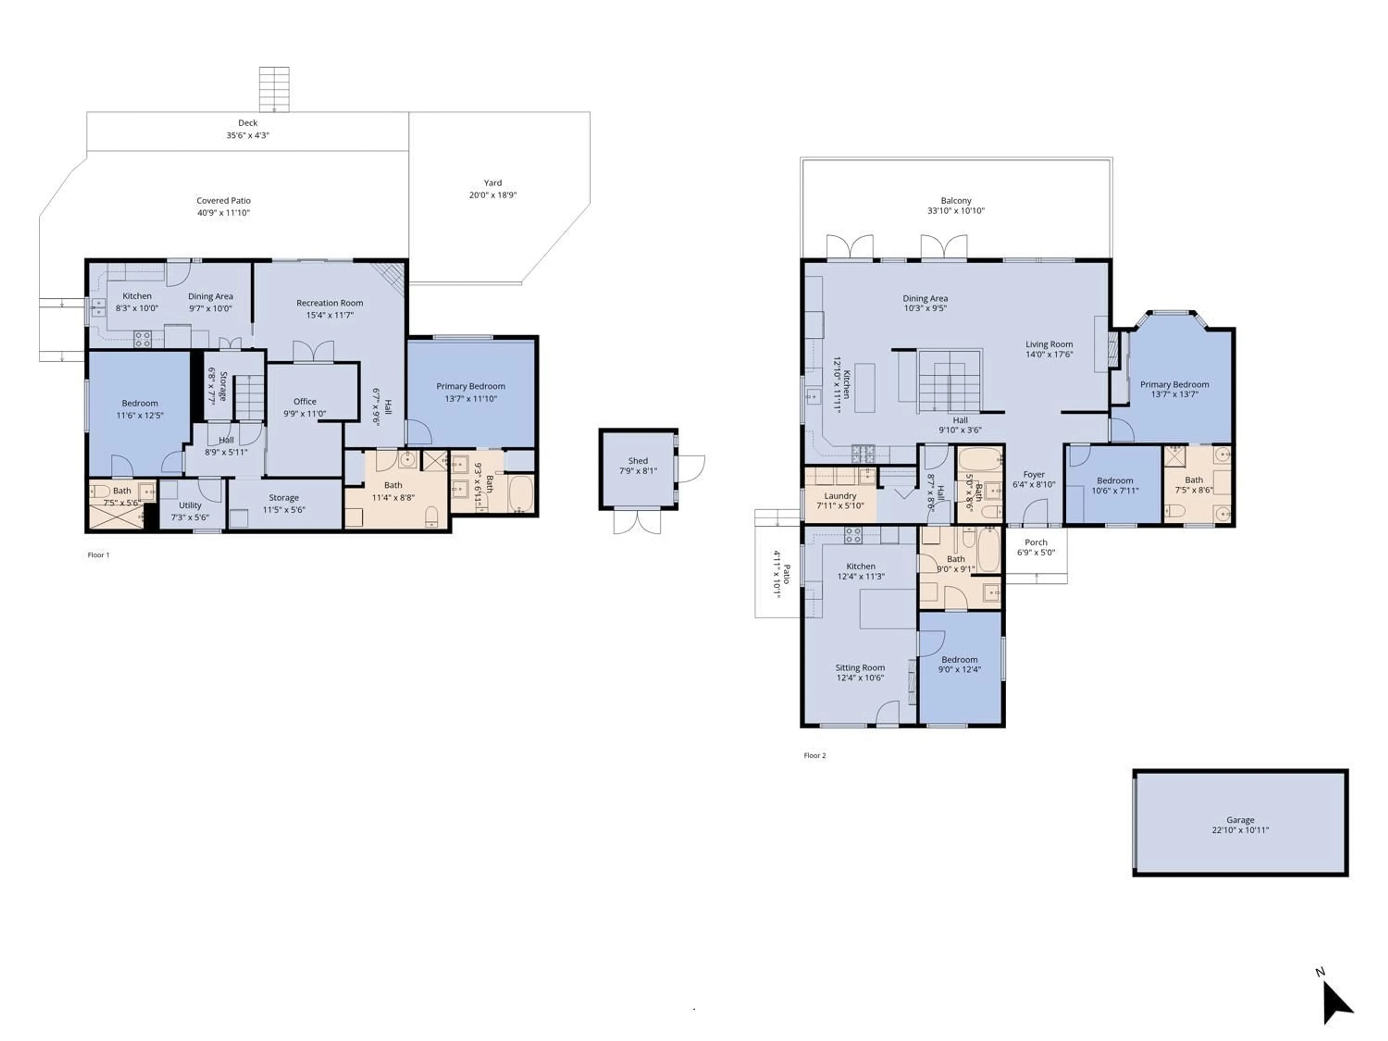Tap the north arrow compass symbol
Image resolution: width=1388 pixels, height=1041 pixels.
pyautogui.click(x=1337, y=1004)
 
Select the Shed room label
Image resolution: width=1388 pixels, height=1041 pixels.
pyautogui.click(x=638, y=460)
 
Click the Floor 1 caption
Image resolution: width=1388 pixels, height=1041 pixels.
pyautogui.click(x=99, y=555)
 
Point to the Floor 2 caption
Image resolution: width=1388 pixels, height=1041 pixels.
pyautogui.click(x=814, y=755)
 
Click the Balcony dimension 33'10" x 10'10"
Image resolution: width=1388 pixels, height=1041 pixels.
pyautogui.click(x=956, y=211)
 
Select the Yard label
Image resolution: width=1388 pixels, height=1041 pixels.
pyautogui.click(x=493, y=183)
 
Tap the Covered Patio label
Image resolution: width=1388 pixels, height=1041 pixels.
pyautogui.click(x=223, y=201)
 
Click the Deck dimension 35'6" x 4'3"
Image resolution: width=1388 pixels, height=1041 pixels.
pyautogui.click(x=248, y=135)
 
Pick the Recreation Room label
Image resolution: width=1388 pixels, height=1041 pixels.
pyautogui.click(x=329, y=303)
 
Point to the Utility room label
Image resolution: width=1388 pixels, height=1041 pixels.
pyautogui.click(x=190, y=505)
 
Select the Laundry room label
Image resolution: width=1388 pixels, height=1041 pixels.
pyautogui.click(x=840, y=496)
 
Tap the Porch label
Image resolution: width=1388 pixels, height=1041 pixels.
pyautogui.click(x=1036, y=542)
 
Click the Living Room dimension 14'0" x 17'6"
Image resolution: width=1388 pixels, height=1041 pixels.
pyautogui.click(x=1049, y=354)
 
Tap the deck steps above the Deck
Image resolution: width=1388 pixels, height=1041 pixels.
pyautogui.click(x=274, y=89)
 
